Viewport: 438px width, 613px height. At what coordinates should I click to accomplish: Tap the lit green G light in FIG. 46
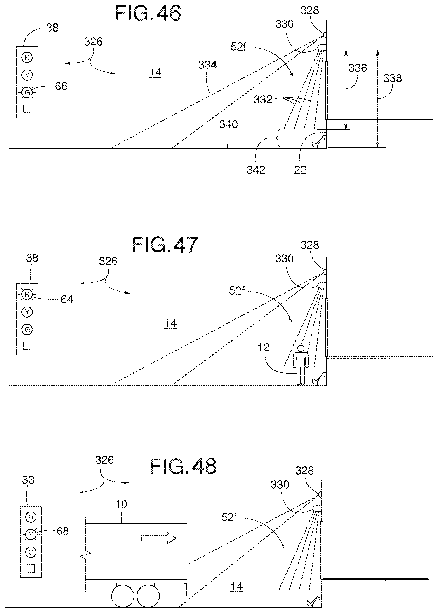27,93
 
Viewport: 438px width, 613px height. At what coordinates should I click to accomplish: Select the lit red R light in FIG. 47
27,294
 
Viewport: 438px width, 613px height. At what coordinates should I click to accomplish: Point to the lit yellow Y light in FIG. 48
31,534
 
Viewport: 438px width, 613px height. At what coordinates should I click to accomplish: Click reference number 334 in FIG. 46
207,65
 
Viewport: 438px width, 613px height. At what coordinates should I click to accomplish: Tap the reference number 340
228,124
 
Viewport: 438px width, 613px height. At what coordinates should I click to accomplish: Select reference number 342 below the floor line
256,170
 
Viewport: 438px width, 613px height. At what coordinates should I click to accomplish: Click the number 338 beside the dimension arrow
393,78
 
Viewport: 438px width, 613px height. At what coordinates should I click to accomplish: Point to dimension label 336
357,68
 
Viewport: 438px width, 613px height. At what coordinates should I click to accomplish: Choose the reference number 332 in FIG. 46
263,100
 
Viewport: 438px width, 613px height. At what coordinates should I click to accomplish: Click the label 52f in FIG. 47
237,291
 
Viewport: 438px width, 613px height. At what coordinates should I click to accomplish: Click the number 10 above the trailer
121,504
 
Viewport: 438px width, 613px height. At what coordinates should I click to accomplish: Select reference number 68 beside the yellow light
63,531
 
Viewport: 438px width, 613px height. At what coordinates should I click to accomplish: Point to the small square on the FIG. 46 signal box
27,109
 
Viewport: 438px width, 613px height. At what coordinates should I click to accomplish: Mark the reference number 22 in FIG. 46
300,170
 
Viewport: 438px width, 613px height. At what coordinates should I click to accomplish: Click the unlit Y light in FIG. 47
27,312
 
